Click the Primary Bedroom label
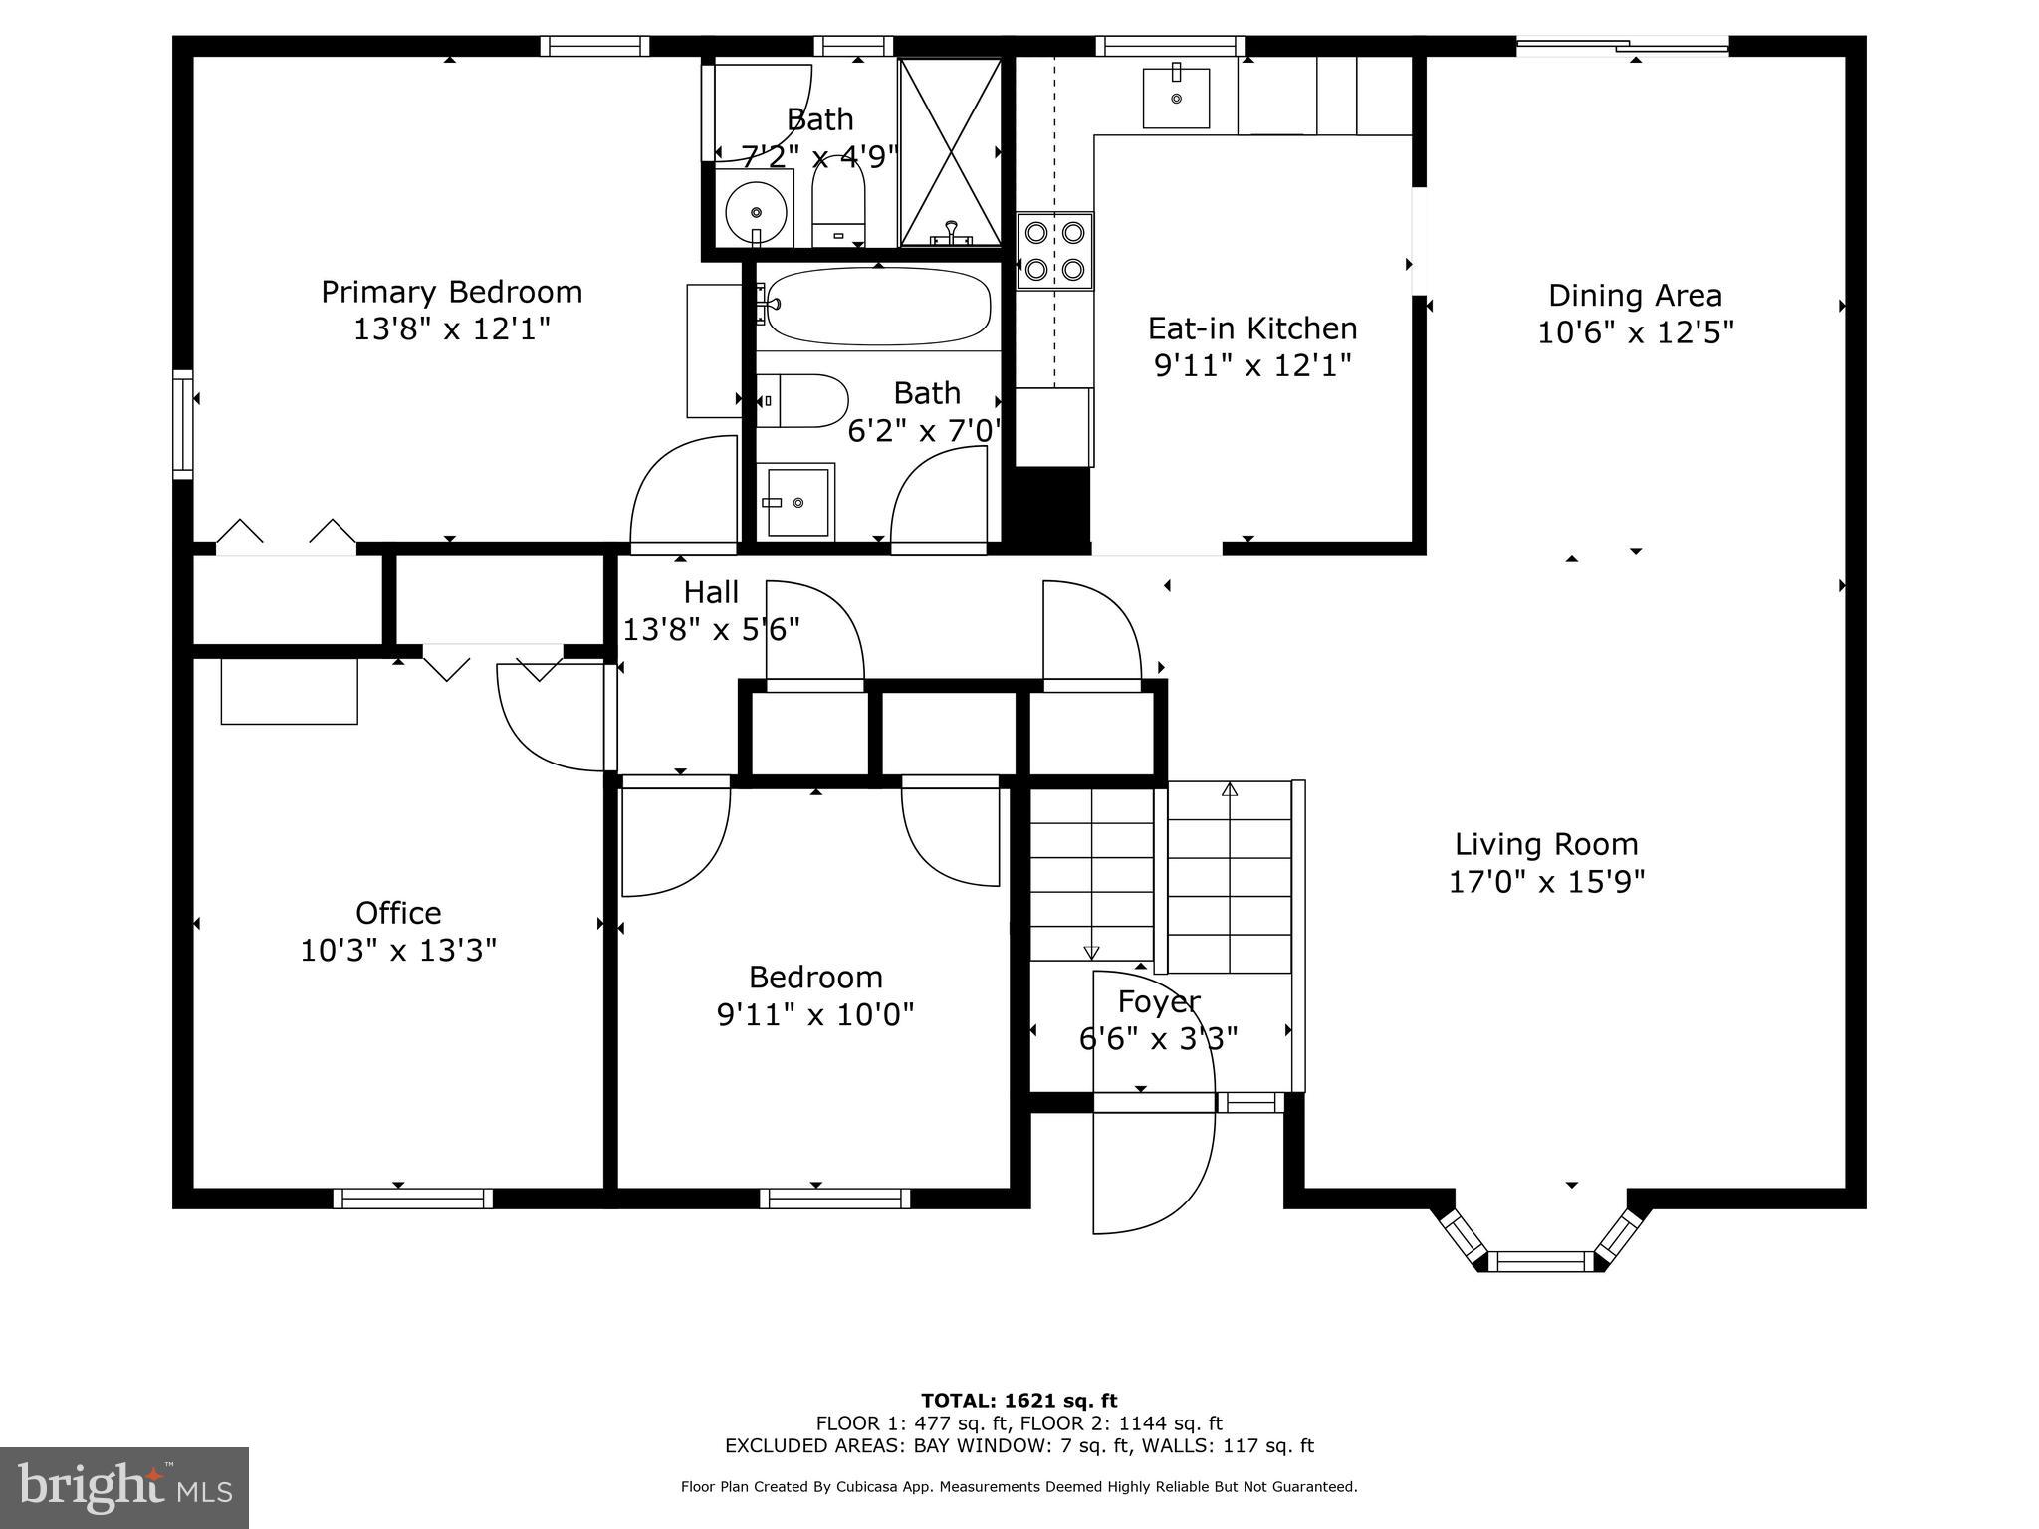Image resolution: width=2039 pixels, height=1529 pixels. pyautogui.click(x=451, y=292)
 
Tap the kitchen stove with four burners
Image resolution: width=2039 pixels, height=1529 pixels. pyautogui.click(x=1054, y=251)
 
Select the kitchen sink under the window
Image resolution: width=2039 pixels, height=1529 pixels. pyautogui.click(x=1176, y=98)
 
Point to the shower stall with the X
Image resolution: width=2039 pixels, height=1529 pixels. pyautogui.click(x=950, y=151)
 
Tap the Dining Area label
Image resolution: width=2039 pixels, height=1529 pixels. pyautogui.click(x=1635, y=296)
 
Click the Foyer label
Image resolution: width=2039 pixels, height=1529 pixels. pyautogui.click(x=1158, y=1001)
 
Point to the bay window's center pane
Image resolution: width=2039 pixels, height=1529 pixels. pyautogui.click(x=1546, y=1261)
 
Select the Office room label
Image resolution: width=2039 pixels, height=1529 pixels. pyautogui.click(x=398, y=913)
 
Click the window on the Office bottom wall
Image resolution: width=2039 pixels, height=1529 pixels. pyautogui.click(x=412, y=1199)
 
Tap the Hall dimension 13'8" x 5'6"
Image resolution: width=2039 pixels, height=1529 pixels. pyautogui.click(x=711, y=630)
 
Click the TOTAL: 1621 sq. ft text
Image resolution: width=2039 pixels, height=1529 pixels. pyautogui.click(x=1019, y=1401)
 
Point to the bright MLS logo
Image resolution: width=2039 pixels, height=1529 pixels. pyautogui.click(x=124, y=1487)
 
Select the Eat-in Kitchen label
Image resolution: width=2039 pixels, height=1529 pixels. pyautogui.click(x=1251, y=328)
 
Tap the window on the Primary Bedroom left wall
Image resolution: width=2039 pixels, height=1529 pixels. pyautogui.click(x=182, y=424)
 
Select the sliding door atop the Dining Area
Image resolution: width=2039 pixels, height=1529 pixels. pyautogui.click(x=1623, y=45)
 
